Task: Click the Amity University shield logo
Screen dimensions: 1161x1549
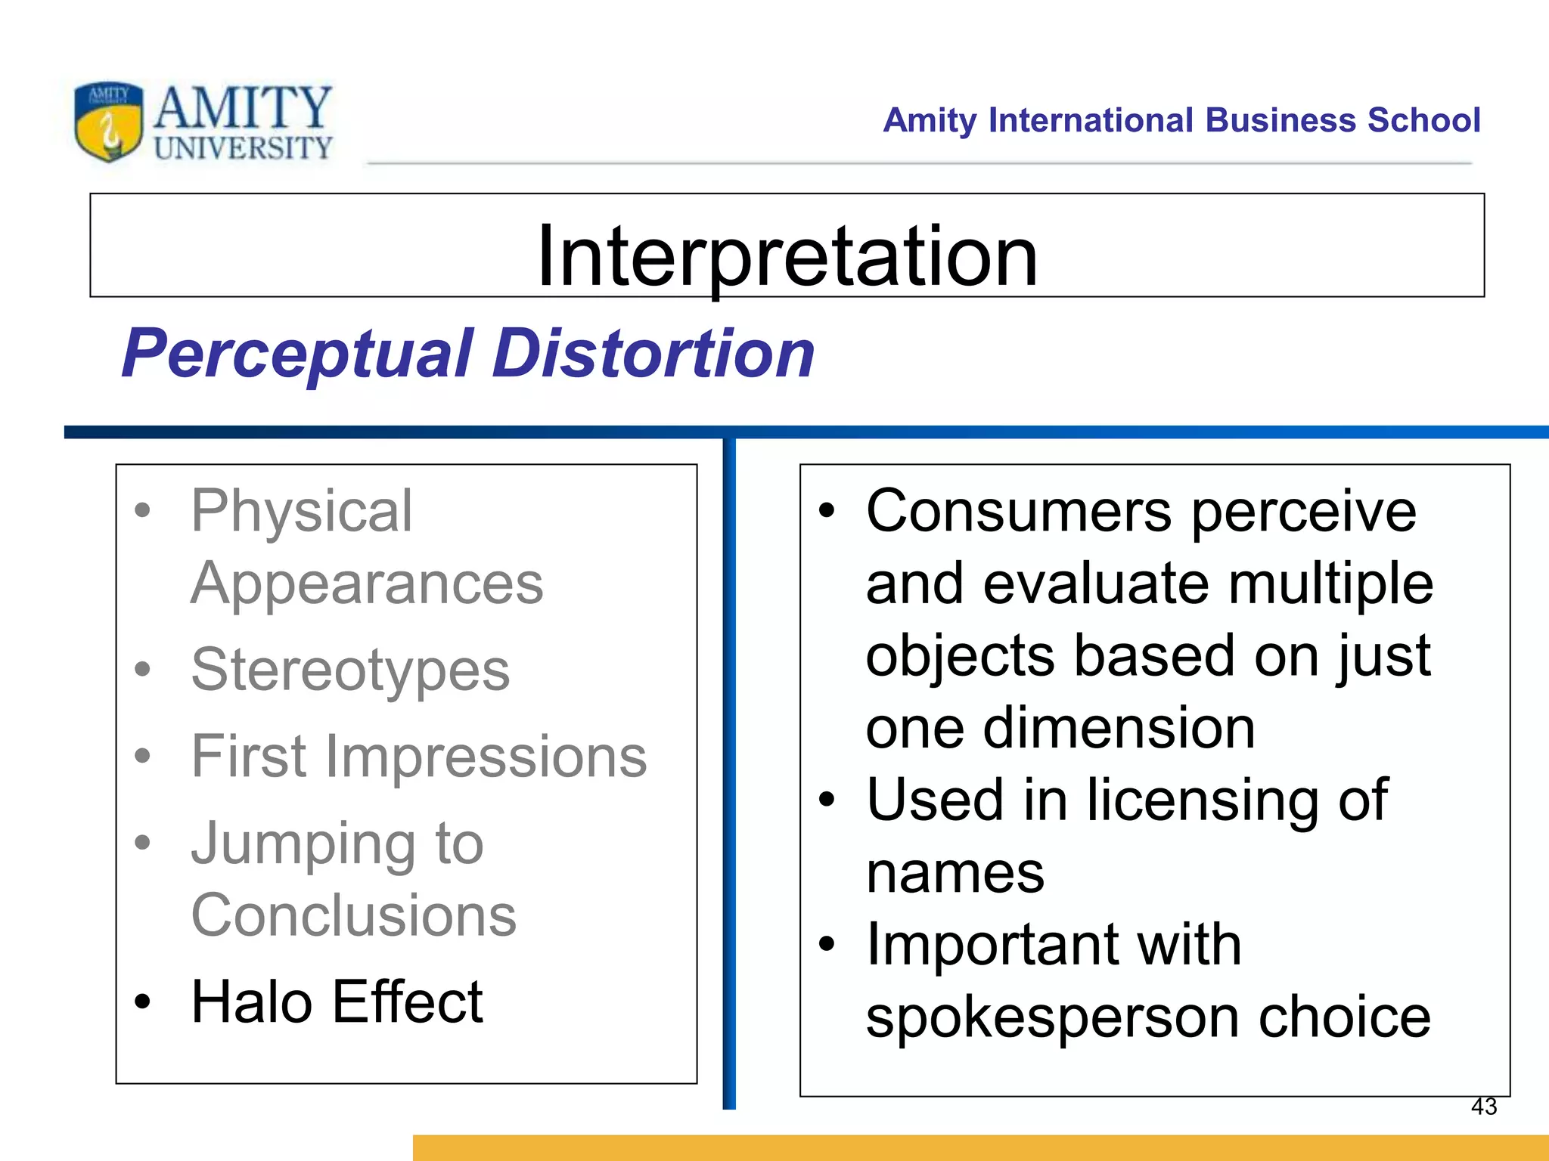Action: tap(108, 121)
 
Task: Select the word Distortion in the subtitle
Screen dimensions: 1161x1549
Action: tap(653, 354)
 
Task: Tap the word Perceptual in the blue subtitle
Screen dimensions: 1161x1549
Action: tap(298, 354)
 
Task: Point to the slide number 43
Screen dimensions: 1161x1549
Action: tap(1483, 1107)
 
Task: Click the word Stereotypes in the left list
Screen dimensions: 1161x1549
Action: tap(350, 670)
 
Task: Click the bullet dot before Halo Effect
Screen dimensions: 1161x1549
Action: tap(142, 1002)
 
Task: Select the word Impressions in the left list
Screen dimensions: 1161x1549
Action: tap(486, 757)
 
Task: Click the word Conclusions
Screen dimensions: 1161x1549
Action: tap(353, 915)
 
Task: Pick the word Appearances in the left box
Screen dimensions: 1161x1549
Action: tap(367, 584)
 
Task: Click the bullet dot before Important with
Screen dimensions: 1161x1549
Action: tap(827, 944)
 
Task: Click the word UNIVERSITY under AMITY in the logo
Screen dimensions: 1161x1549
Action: tap(243, 148)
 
